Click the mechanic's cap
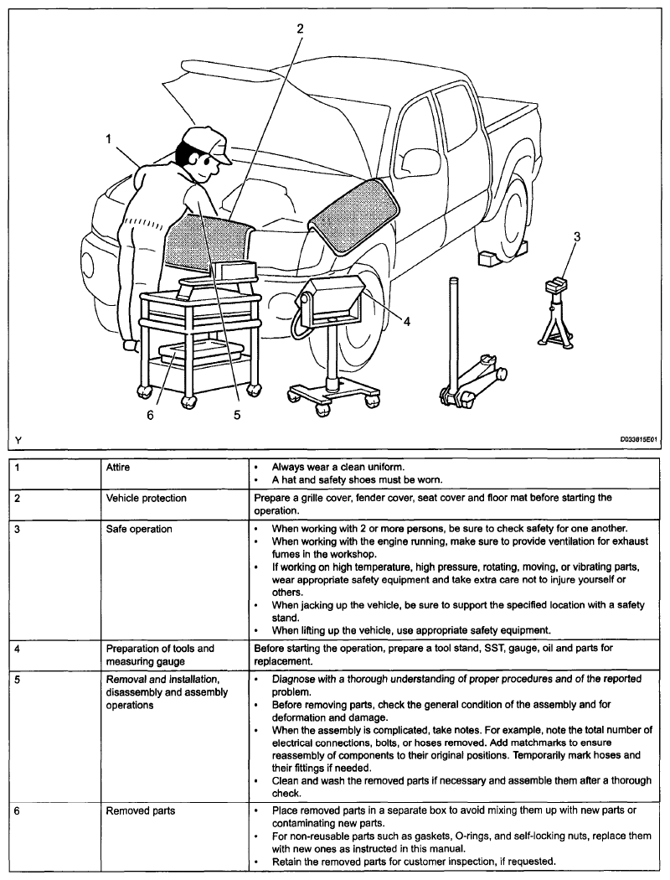[x=205, y=143]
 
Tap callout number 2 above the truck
[x=301, y=28]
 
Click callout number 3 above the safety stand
[x=576, y=237]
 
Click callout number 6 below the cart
[x=151, y=415]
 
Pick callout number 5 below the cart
[x=237, y=415]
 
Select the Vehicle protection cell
[x=146, y=498]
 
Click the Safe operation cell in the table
[x=138, y=529]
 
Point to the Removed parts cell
[x=137, y=811]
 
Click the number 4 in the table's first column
[x=18, y=648]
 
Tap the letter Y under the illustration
[x=18, y=437]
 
